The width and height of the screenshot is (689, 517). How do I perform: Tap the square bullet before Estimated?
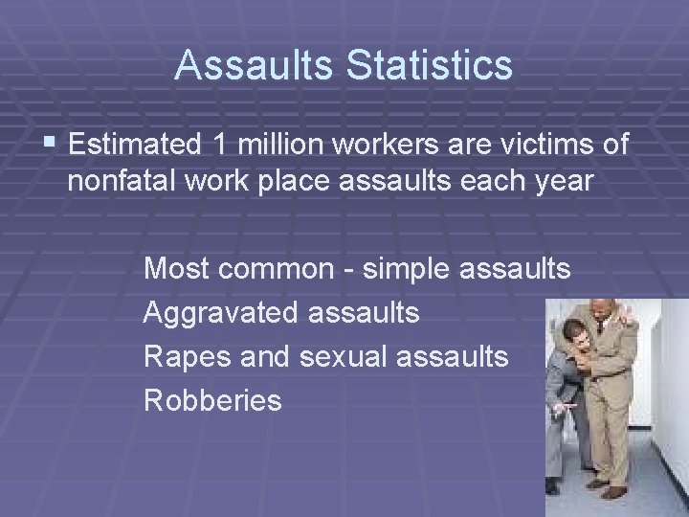pos(50,144)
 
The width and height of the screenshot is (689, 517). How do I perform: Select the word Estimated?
pos(133,145)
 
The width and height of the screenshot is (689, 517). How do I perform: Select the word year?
pos(561,182)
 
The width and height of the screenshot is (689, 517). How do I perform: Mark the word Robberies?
pos(212,399)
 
